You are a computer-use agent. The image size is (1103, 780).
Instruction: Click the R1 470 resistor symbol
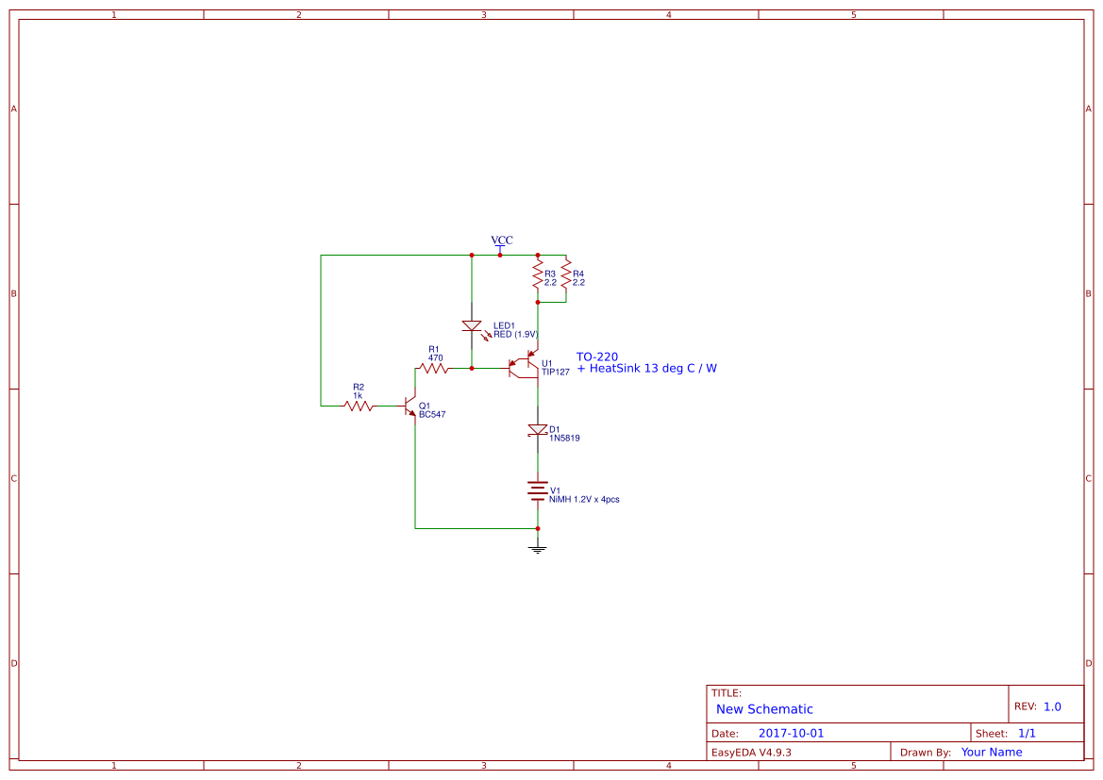[434, 368]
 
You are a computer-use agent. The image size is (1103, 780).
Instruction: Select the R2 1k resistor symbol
[359, 406]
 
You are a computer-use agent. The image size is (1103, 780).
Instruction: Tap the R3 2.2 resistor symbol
[538, 277]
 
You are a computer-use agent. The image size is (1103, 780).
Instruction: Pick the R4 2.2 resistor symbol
[566, 277]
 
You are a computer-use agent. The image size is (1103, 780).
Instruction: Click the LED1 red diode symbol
[472, 326]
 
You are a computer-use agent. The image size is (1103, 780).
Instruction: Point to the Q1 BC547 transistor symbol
[411, 407]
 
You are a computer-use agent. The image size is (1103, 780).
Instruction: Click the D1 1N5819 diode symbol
[538, 430]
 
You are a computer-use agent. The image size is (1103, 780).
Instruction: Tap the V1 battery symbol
[538, 490]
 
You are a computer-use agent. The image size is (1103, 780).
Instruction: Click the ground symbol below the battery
[538, 547]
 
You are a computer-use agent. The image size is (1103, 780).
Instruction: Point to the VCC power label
[501, 241]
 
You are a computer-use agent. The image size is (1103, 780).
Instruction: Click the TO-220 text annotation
[597, 357]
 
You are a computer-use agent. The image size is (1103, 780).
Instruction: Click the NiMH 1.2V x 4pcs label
[584, 499]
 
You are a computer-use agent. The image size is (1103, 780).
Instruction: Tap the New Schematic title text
[764, 709]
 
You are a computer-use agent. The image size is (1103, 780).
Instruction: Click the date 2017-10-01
[791, 733]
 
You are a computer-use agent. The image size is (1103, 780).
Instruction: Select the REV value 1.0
[1052, 706]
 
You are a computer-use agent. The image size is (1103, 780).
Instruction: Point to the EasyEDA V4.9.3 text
[751, 753]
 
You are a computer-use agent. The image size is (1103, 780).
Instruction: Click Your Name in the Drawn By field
[992, 753]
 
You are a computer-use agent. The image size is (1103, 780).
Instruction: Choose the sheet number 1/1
[1027, 733]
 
